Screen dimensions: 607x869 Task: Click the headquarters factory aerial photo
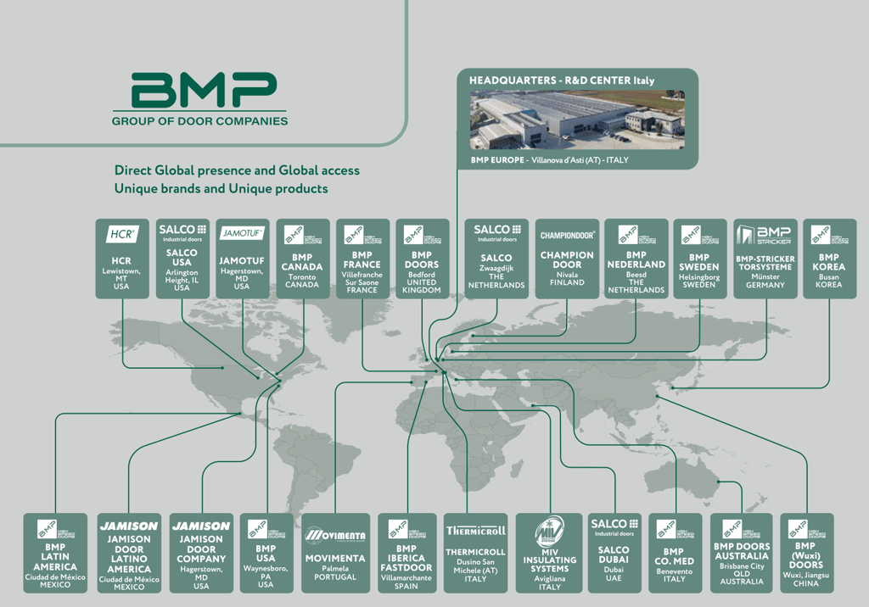tap(577, 120)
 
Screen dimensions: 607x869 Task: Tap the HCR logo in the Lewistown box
tap(122, 232)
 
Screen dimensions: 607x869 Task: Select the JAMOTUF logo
tap(242, 232)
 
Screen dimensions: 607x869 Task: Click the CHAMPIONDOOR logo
tap(567, 235)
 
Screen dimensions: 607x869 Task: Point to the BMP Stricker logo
tap(765, 235)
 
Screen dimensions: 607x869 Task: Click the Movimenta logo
tap(335, 534)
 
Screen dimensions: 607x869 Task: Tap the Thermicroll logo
tap(475, 531)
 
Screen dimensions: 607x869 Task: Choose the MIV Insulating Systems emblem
tap(549, 532)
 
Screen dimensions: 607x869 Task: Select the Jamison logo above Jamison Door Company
tap(201, 526)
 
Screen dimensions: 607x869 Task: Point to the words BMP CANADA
tap(302, 262)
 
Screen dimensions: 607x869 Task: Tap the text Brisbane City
tap(741, 565)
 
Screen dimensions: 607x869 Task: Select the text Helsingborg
tap(698, 277)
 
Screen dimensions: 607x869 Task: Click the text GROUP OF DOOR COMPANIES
tap(199, 121)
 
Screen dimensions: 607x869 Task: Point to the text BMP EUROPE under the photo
tap(499, 159)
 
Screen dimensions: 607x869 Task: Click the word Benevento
tap(675, 571)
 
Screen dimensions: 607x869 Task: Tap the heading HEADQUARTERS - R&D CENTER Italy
tap(562, 81)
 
